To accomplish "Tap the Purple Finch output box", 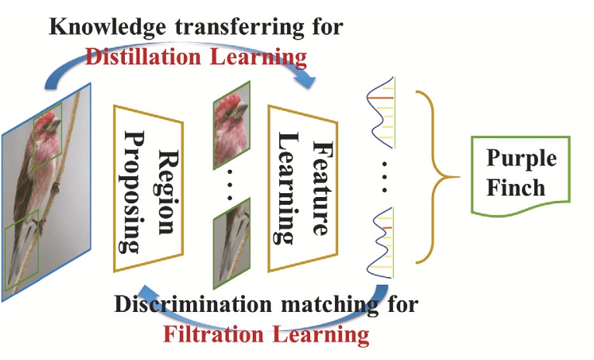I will [521, 174].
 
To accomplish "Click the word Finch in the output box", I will [521, 189].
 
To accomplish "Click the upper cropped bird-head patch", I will [231, 131].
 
